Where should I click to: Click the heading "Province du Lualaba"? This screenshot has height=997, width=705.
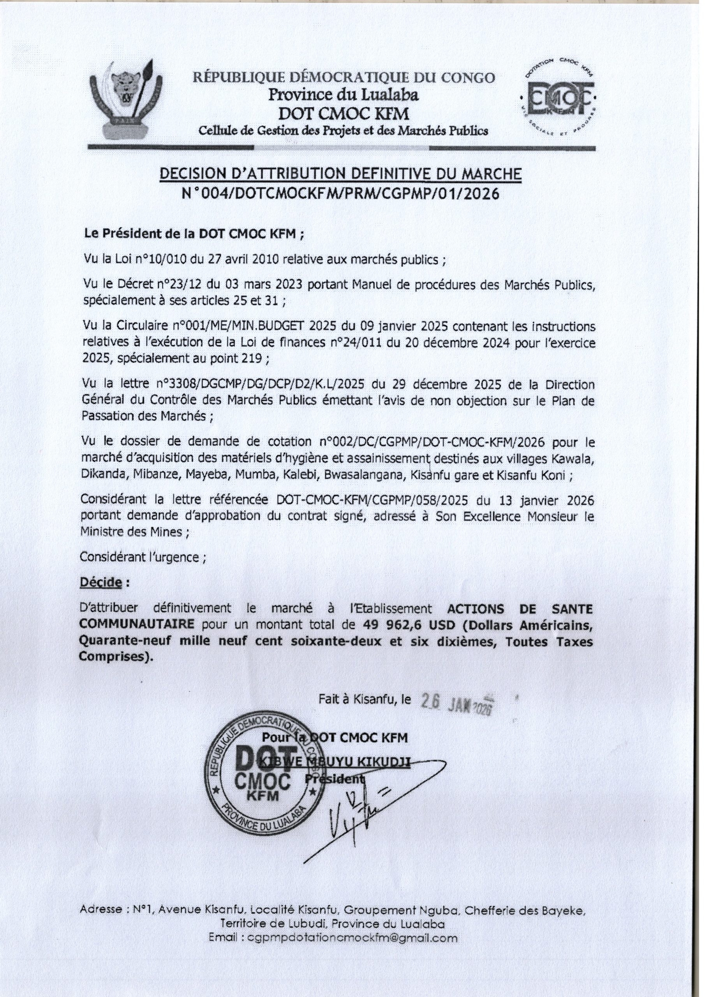coord(343,94)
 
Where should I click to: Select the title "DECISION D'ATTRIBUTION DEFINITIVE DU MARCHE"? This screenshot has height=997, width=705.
coord(340,174)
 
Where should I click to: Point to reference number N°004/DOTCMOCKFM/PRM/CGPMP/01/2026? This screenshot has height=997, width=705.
coord(340,194)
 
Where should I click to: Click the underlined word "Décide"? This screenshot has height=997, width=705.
coord(100,583)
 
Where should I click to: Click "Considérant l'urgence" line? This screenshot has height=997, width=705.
coord(142,558)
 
